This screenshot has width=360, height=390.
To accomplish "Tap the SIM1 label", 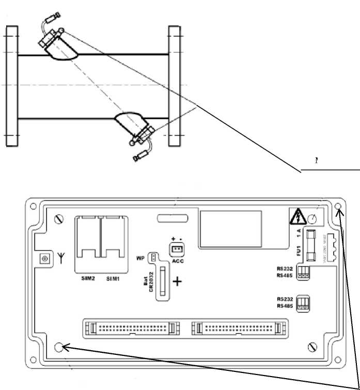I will click(115, 278).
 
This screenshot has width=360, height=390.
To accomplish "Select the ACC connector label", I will click(178, 261).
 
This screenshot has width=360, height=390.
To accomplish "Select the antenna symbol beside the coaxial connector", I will click(61, 257).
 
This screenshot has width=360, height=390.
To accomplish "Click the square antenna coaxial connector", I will click(45, 258).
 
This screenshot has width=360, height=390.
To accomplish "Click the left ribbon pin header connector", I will click(129, 327).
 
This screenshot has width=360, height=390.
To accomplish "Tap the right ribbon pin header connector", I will click(238, 327).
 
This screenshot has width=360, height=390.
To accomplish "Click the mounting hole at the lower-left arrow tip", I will click(61, 348).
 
